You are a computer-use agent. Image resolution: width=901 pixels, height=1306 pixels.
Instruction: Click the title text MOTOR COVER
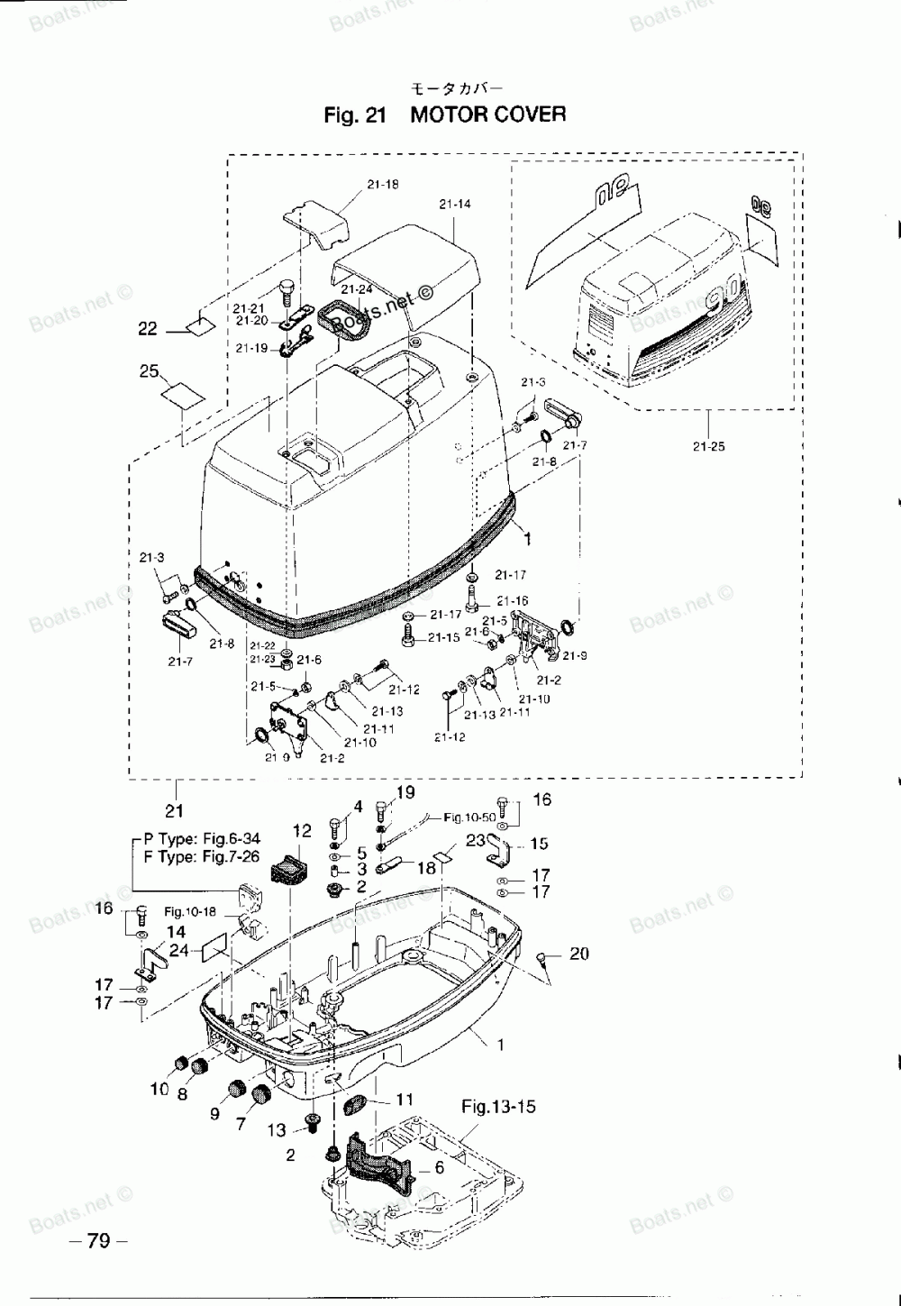(488, 114)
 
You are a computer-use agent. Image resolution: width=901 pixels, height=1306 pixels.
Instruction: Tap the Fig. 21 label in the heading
(355, 115)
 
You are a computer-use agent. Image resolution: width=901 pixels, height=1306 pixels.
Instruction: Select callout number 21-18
(383, 185)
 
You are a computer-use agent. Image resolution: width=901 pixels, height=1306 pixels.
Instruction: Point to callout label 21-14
(455, 205)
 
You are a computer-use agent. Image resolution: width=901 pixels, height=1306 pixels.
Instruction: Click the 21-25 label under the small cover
(709, 446)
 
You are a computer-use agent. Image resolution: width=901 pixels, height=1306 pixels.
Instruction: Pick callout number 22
(148, 329)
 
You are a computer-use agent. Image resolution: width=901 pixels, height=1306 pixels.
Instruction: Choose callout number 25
(150, 371)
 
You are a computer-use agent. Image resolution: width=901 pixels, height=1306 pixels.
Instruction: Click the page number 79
(98, 1241)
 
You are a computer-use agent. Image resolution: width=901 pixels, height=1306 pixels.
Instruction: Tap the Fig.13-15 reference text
(498, 1106)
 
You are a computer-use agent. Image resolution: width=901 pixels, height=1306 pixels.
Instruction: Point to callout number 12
(302, 830)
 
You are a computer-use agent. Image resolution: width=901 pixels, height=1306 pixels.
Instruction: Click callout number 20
(579, 954)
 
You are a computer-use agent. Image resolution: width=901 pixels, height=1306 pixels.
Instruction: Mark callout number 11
(405, 1100)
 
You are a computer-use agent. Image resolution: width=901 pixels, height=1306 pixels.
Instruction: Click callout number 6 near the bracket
(439, 1168)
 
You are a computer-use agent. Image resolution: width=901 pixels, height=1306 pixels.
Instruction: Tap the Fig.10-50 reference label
(469, 817)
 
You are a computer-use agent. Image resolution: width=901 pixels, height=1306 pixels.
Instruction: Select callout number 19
(405, 792)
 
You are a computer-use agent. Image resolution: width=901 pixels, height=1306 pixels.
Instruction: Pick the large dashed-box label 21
(174, 810)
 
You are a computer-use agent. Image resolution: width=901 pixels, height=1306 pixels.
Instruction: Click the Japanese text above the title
(457, 88)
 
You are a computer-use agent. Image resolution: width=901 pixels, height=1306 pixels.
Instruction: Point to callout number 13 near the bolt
(277, 1129)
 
